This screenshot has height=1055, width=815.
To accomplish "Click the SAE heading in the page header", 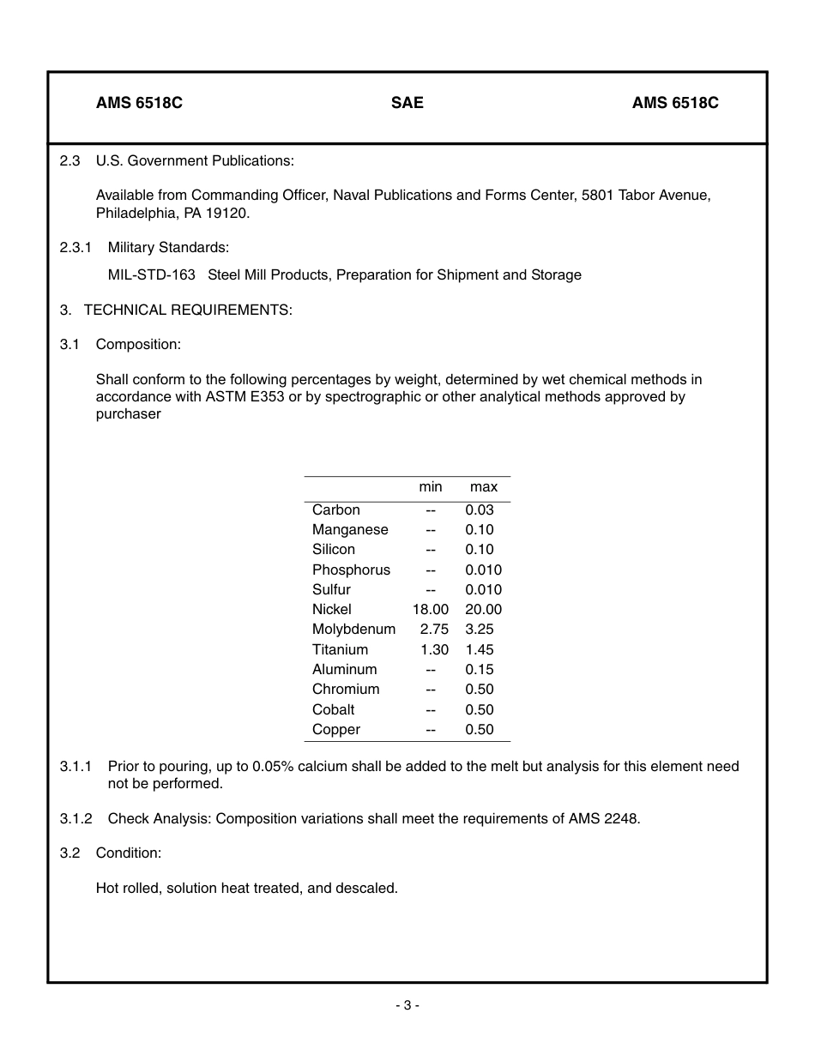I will pos(407,103).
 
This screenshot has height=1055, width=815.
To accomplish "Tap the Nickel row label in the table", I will pos(332,610).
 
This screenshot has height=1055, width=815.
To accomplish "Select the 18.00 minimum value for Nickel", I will pos(431,610).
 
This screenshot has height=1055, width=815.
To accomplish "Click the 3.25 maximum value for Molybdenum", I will pos(480,630).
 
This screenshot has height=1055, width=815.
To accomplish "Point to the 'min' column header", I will pos(431,487).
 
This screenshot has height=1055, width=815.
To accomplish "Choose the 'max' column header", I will pos(484,487).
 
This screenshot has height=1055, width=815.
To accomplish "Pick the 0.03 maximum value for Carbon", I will pos(480,510).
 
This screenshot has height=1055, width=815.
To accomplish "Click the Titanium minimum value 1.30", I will pos(434,650).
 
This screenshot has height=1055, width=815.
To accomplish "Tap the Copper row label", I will pos(336,730).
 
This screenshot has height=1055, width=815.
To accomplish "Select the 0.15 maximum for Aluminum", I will pos(480,670).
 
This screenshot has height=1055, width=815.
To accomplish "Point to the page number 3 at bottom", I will pos(407,1005).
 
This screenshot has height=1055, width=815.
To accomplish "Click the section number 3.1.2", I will pos(76,818).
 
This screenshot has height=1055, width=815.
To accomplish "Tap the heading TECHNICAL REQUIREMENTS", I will pos(188,310).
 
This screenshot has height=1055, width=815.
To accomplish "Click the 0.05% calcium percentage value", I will pos(272,767).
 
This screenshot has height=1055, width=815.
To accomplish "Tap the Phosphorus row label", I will pos(351,570).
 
